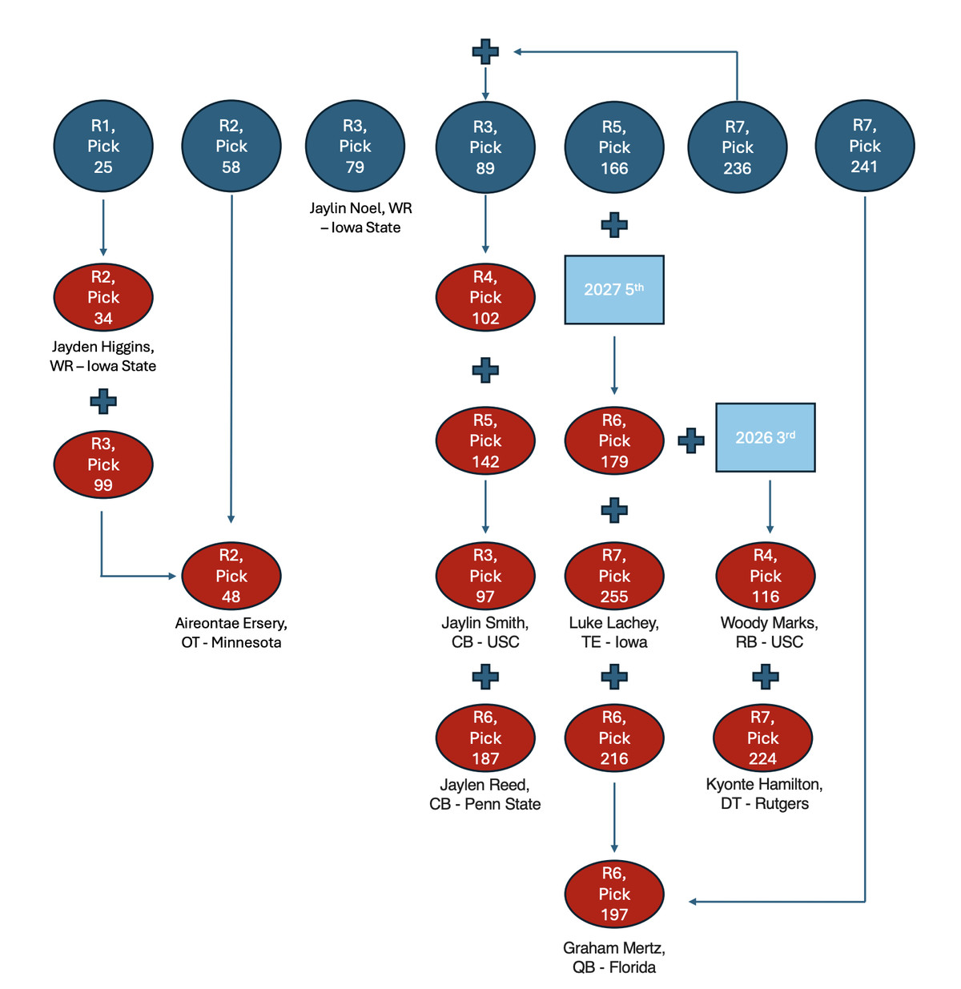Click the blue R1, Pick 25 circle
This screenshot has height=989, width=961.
(103, 147)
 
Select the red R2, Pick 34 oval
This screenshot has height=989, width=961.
(103, 297)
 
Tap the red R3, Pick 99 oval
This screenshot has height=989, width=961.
(103, 464)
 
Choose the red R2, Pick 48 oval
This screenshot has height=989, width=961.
(231, 576)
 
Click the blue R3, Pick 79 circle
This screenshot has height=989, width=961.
(355, 147)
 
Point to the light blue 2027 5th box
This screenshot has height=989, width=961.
(614, 290)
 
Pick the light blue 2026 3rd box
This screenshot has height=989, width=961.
(765, 437)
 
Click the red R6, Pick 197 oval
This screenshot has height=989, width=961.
(614, 894)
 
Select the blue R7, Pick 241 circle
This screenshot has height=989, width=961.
(865, 146)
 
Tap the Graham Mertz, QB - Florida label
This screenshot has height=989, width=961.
(614, 958)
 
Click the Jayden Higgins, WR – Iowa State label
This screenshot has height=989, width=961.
(103, 356)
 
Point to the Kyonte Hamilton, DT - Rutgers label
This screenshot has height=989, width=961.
(765, 794)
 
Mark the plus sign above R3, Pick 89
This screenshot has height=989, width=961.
(485, 52)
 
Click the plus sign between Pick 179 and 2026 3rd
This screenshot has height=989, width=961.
(691, 440)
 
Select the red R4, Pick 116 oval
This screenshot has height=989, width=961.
(766, 576)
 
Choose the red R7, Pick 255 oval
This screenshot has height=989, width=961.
(614, 576)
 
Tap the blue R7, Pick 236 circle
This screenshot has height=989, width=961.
(738, 147)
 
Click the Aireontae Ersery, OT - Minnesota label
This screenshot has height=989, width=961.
(231, 633)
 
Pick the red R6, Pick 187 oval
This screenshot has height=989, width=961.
(485, 738)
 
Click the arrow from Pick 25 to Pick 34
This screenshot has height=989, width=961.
(103, 227)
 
